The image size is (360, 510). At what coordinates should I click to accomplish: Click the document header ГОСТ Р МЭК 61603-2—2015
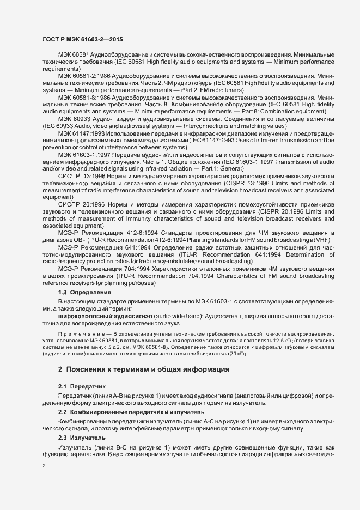click(x=82, y=40)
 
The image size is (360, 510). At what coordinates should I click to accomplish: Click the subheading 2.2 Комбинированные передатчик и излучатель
click(x=131, y=412)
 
